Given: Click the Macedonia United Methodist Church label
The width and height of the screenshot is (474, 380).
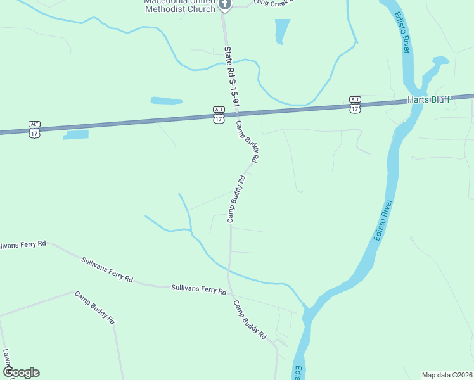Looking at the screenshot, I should (181, 4).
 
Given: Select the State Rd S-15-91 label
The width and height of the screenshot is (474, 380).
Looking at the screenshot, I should (233, 80).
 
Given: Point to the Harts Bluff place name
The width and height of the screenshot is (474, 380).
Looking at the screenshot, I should (428, 100).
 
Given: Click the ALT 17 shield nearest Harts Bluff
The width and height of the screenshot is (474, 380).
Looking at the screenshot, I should (355, 104).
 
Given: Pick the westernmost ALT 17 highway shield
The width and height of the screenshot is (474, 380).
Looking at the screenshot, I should (34, 129).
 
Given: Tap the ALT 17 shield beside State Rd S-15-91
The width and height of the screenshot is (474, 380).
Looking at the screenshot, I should (219, 115).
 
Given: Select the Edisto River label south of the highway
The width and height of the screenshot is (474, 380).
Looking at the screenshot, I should (384, 220).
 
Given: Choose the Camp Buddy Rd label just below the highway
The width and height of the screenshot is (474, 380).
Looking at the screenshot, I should (248, 139).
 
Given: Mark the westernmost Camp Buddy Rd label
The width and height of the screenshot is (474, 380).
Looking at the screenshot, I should (94, 307).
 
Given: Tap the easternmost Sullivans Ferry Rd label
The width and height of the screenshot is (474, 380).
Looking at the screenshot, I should (198, 289).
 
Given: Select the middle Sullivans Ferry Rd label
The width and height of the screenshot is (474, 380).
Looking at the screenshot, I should (107, 269).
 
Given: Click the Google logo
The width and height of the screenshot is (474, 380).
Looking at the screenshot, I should (21, 372).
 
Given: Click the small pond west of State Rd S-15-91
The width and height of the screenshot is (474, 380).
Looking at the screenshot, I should (166, 101).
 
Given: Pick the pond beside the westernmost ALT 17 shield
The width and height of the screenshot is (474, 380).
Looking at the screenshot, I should (76, 134).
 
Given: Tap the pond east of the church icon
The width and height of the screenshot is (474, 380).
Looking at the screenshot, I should (281, 30).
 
